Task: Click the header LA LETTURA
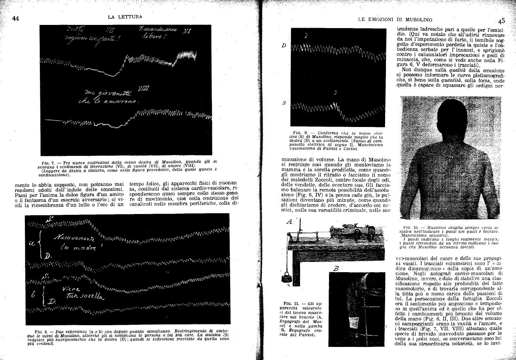[x=125, y=17]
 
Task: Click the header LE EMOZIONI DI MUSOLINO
[x=395, y=19]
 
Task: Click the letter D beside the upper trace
[x=284, y=45]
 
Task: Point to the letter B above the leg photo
[x=336, y=257]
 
